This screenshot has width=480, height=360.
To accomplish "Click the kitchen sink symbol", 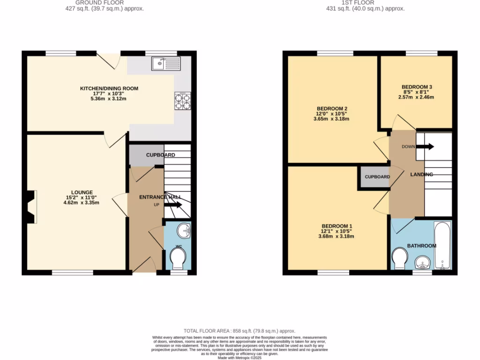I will (x=165, y=63).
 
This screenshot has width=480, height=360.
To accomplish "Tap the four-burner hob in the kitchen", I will (x=183, y=101).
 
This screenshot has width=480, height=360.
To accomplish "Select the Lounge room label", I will (x=82, y=192).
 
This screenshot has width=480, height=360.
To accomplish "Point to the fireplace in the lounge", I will (x=31, y=207).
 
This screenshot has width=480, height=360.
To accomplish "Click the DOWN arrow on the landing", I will (x=425, y=147).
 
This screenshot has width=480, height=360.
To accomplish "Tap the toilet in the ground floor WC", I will (x=178, y=258).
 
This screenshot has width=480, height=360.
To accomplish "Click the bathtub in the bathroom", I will (x=442, y=246).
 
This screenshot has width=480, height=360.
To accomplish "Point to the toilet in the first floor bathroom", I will (x=399, y=258).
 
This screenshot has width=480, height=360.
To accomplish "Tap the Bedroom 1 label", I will (x=336, y=226).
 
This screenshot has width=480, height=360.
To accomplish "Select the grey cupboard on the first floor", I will (x=376, y=177).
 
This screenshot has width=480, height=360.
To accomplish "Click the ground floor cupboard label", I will (x=160, y=155).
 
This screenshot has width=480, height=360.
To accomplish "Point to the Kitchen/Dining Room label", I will (x=109, y=89).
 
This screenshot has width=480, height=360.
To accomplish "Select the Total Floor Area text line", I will (x=240, y=331).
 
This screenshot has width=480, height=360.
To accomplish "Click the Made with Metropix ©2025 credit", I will (x=240, y=357).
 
